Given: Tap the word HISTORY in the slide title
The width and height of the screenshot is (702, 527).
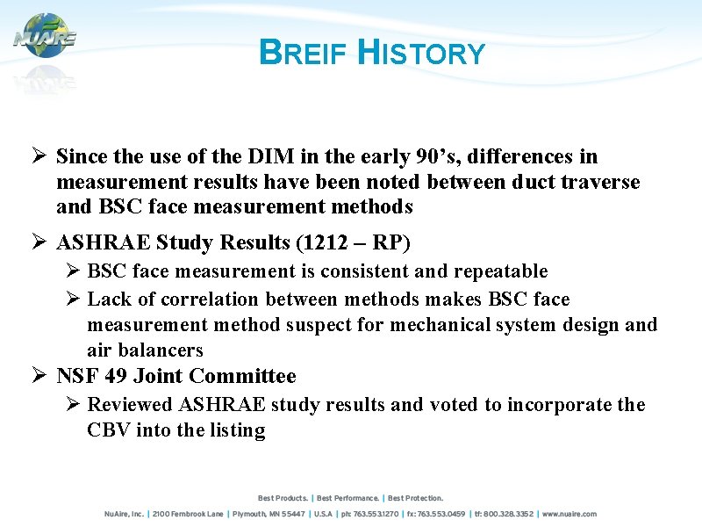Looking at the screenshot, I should [422, 54].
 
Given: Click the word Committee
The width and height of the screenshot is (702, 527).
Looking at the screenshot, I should [242, 377].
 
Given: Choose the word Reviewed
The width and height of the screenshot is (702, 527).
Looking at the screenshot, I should [130, 405].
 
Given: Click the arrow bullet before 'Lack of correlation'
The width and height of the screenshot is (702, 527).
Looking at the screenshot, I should [73, 300].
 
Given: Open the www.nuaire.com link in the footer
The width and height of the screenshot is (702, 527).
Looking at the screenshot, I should [569, 514].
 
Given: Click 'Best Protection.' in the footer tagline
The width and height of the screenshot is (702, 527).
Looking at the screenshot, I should [415, 498].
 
